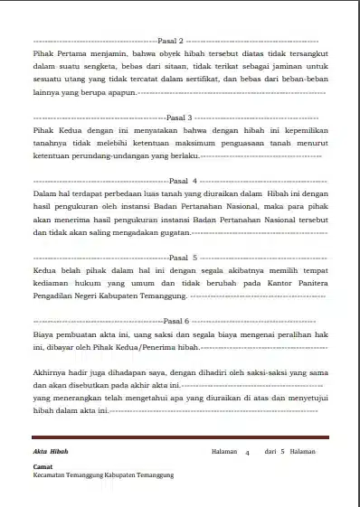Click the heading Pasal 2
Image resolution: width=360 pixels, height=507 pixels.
[171, 42]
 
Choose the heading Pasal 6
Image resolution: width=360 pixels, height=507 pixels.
[176, 321]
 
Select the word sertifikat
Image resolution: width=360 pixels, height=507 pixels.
[194, 79]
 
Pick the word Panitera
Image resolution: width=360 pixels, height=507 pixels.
[307, 282]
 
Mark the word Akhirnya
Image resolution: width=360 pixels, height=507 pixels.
[50, 371]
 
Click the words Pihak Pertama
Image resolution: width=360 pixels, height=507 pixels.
[57, 53]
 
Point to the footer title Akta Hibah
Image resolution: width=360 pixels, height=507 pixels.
[50, 451]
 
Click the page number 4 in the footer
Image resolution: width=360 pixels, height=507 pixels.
[248, 452]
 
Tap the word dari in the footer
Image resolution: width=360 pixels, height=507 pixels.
[270, 451]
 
